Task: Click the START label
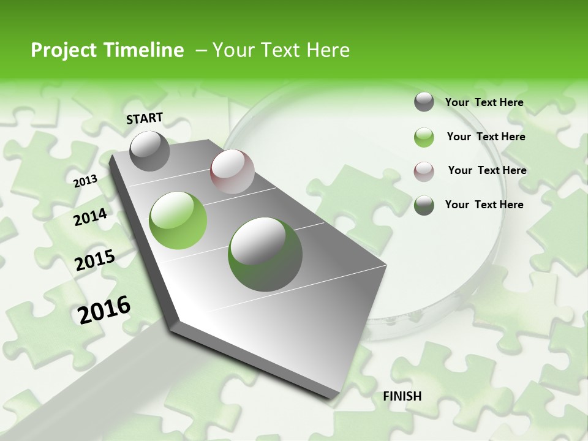pyautogui.click(x=145, y=118)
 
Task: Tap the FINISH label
pyautogui.click(x=402, y=396)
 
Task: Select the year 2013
pyautogui.click(x=85, y=181)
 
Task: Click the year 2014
pyautogui.click(x=90, y=217)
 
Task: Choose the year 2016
pyautogui.click(x=104, y=309)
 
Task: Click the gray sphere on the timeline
pyautogui.click(x=150, y=151)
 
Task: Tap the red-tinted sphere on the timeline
pyautogui.click(x=232, y=171)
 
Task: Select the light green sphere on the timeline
pyautogui.click(x=178, y=221)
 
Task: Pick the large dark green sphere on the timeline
pyautogui.click(x=265, y=254)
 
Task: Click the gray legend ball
pyautogui.click(x=424, y=102)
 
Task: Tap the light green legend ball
pyautogui.click(x=424, y=137)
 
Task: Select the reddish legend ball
pyautogui.click(x=424, y=171)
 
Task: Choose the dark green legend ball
pyautogui.click(x=424, y=205)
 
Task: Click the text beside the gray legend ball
pyautogui.click(x=484, y=102)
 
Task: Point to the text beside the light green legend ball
pyautogui.click(x=486, y=137)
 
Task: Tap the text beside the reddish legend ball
pyautogui.click(x=487, y=170)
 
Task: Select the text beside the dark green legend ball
pyautogui.click(x=484, y=205)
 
